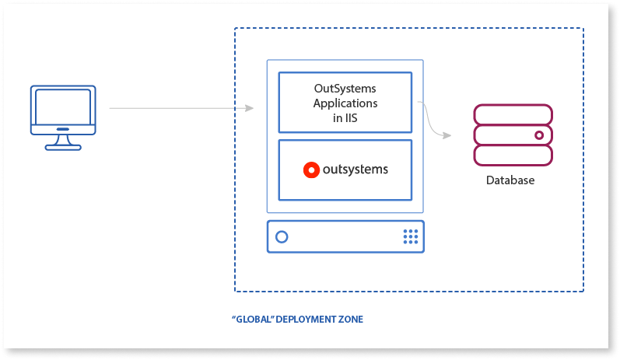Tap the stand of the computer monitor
coord(62,144)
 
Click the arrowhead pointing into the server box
coord(249,107)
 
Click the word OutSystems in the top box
coord(345,89)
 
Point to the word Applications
coord(345,103)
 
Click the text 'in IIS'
coord(345,117)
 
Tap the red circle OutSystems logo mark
coord(311,170)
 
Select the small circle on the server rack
coord(282,236)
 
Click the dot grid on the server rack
coord(410,236)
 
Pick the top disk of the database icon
coord(513,115)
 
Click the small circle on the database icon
coord(538,135)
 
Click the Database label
coord(510,180)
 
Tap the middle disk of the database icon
coord(506,135)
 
